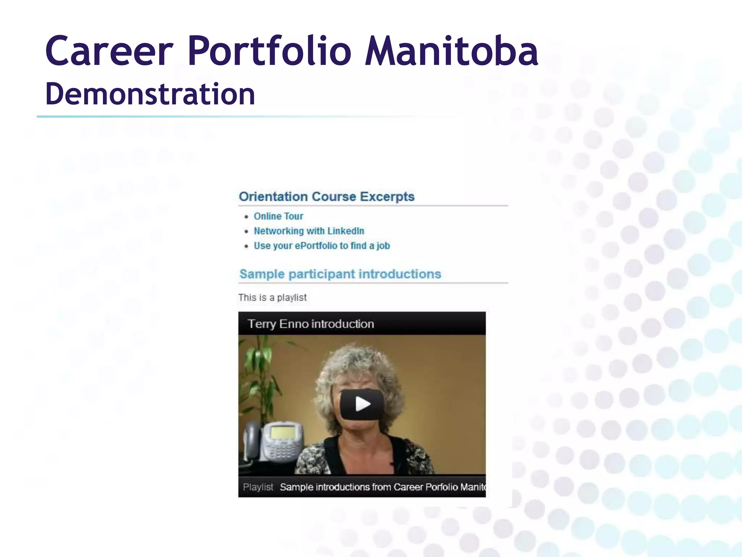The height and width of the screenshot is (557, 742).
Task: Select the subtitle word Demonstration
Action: tap(150, 94)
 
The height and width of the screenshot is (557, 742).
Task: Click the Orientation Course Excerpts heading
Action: tap(326, 197)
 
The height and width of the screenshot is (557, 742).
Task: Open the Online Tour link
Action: tap(278, 216)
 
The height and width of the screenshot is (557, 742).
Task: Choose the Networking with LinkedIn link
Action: tap(309, 231)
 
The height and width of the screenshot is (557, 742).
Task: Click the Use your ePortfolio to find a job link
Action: tap(322, 246)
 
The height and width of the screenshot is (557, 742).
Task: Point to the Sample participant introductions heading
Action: tap(340, 274)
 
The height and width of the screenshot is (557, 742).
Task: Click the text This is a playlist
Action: tap(272, 298)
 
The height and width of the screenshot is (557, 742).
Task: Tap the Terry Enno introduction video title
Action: tap(310, 324)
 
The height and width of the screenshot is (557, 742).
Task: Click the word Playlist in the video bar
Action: tap(258, 487)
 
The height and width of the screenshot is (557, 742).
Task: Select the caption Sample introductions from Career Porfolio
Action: tap(382, 487)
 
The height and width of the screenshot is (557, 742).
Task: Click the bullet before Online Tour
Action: tap(246, 217)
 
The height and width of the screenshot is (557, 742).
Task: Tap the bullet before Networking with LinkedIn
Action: tap(246, 231)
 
